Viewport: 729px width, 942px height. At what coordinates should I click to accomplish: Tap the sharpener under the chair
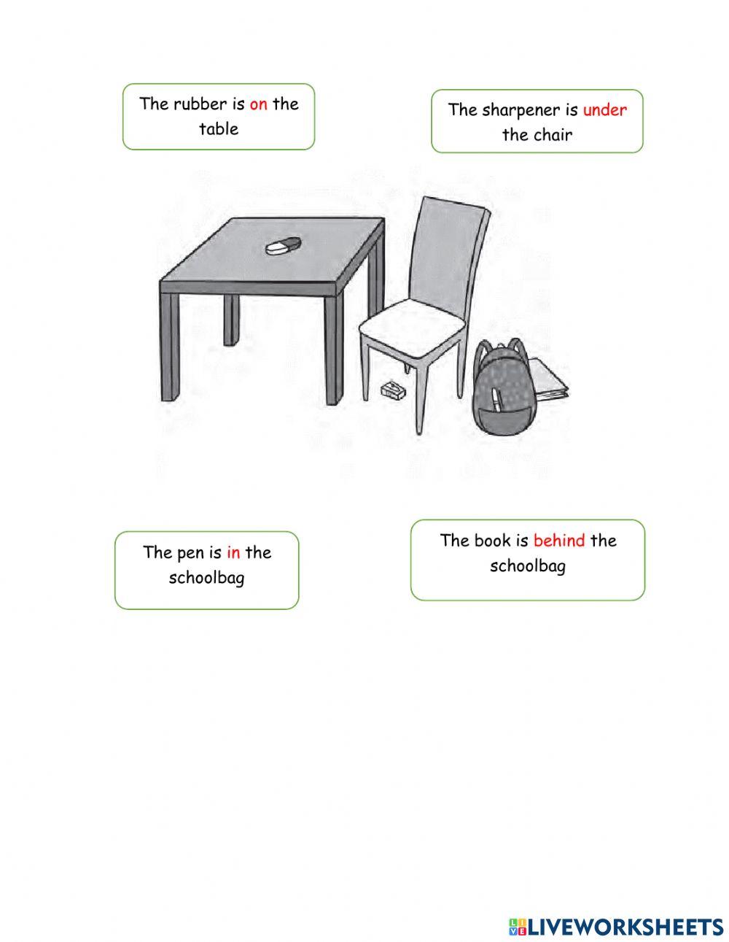point(392,390)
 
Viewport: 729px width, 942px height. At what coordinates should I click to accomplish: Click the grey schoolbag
point(502,390)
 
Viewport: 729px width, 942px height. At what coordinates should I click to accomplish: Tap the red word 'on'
point(258,104)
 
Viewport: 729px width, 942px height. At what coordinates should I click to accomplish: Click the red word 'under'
point(604,110)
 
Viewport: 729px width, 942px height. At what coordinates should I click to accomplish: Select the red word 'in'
point(233,552)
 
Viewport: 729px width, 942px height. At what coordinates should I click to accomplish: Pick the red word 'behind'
point(559,541)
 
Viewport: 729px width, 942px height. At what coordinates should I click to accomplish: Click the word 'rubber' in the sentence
point(199,104)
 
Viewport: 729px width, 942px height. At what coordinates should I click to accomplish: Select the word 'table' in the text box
point(219,129)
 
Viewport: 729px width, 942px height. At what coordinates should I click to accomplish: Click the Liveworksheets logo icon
point(518,927)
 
